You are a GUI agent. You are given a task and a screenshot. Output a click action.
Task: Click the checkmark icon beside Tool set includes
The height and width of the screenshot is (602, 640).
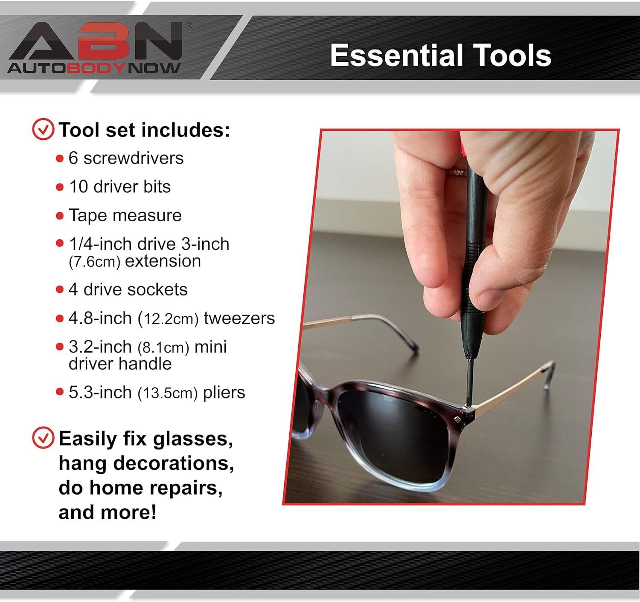point(43,130)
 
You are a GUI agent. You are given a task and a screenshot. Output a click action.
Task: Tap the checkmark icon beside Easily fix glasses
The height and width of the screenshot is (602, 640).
point(43,438)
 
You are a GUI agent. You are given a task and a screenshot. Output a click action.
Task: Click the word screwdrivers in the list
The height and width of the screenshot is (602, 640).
point(133,158)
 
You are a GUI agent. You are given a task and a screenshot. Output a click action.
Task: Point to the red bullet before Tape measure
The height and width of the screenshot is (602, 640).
point(60,216)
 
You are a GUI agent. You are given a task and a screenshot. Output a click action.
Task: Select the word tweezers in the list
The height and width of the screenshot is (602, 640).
point(239,318)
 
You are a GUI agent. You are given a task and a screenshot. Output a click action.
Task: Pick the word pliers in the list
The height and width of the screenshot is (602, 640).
point(224,393)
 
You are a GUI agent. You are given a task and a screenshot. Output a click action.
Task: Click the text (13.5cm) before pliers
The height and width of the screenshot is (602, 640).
point(168,393)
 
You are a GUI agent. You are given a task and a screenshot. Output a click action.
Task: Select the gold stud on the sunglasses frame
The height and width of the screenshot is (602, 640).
point(458,420)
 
